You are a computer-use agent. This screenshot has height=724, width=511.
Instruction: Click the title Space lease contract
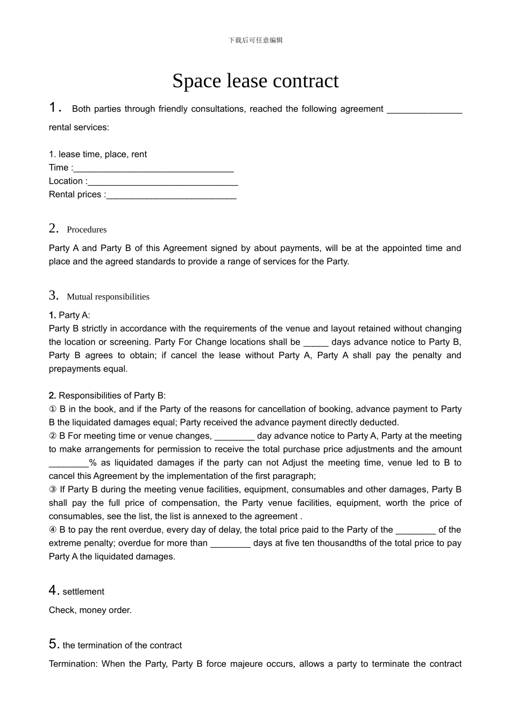[x=256, y=81]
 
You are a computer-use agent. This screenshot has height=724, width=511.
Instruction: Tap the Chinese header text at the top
[x=256, y=40]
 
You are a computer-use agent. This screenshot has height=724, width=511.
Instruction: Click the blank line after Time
[x=153, y=168]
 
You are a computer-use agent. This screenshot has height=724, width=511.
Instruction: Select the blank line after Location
[x=162, y=182]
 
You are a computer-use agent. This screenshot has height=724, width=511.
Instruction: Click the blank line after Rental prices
[x=171, y=195]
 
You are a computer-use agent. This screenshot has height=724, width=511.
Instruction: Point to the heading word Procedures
[x=87, y=229]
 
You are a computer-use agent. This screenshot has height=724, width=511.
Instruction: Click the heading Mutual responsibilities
[x=108, y=297]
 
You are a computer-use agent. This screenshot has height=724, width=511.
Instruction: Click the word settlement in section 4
[x=83, y=591]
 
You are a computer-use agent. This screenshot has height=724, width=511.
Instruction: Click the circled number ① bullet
[x=53, y=409]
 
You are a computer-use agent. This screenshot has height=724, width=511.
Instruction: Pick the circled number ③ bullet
[x=53, y=490]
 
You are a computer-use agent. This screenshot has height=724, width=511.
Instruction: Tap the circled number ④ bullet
[x=53, y=530]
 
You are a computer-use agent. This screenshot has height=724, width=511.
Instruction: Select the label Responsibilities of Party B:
[x=112, y=396]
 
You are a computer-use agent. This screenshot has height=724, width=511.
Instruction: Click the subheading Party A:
[x=74, y=315]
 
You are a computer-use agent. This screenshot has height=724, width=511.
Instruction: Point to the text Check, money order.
[x=90, y=610]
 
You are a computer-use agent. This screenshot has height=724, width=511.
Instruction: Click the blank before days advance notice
[x=316, y=343]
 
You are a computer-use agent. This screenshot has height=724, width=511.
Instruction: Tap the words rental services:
[x=79, y=128]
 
